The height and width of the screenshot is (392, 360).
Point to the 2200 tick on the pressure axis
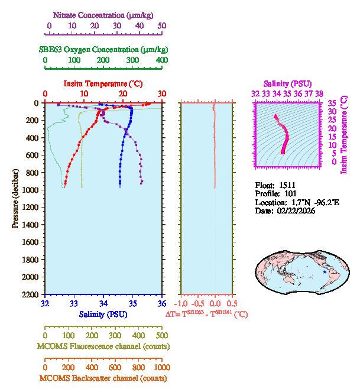tap(31, 294)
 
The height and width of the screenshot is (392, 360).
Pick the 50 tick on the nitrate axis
tap(162, 26)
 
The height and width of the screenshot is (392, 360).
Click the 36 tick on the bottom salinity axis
tap(162, 304)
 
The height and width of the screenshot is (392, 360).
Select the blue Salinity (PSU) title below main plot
tap(103, 313)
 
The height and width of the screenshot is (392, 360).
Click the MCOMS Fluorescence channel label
tap(103, 346)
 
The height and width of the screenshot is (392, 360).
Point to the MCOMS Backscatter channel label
tap(103, 378)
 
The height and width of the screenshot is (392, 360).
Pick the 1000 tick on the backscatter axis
tap(161, 367)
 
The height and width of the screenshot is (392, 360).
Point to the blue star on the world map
tap(324, 271)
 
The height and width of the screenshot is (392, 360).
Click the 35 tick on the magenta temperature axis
tap(333, 103)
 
